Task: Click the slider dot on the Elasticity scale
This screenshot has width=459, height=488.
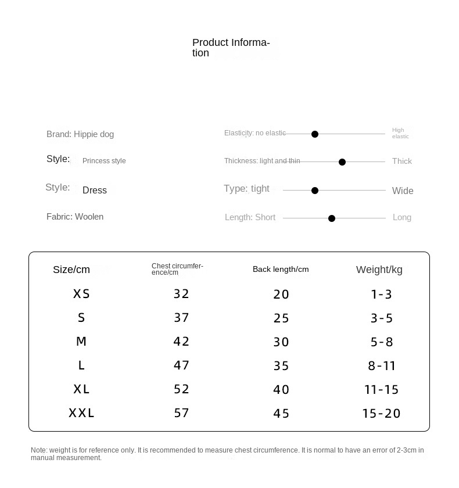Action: [x=315, y=134]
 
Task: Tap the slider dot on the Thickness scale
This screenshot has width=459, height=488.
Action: [x=342, y=162]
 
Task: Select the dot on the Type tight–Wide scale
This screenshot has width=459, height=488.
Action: [x=315, y=191]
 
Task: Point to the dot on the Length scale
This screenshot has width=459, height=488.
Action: [x=332, y=218]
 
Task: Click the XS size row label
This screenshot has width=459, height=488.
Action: [x=81, y=294]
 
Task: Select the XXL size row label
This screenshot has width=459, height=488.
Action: [x=81, y=413]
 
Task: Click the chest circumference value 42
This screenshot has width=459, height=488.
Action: [x=182, y=342]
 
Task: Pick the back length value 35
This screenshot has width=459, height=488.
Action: [x=281, y=366]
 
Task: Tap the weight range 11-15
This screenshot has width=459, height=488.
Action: [x=382, y=390]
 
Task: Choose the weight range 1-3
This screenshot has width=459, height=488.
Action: [x=382, y=295]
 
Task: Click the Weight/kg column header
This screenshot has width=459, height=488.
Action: [x=379, y=270]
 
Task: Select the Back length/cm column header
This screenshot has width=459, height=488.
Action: [x=281, y=270]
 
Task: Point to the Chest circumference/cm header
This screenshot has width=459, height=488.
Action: [x=177, y=269]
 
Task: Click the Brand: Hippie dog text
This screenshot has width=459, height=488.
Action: [x=80, y=134]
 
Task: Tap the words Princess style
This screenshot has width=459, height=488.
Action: [x=104, y=161]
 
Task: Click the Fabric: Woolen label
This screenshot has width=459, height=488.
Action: [x=75, y=217]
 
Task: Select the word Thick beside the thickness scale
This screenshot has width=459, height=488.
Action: [x=402, y=162]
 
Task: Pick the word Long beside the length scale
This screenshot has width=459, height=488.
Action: [x=402, y=217]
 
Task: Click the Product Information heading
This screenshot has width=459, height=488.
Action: [x=231, y=48]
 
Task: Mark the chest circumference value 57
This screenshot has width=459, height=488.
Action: [x=182, y=413]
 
